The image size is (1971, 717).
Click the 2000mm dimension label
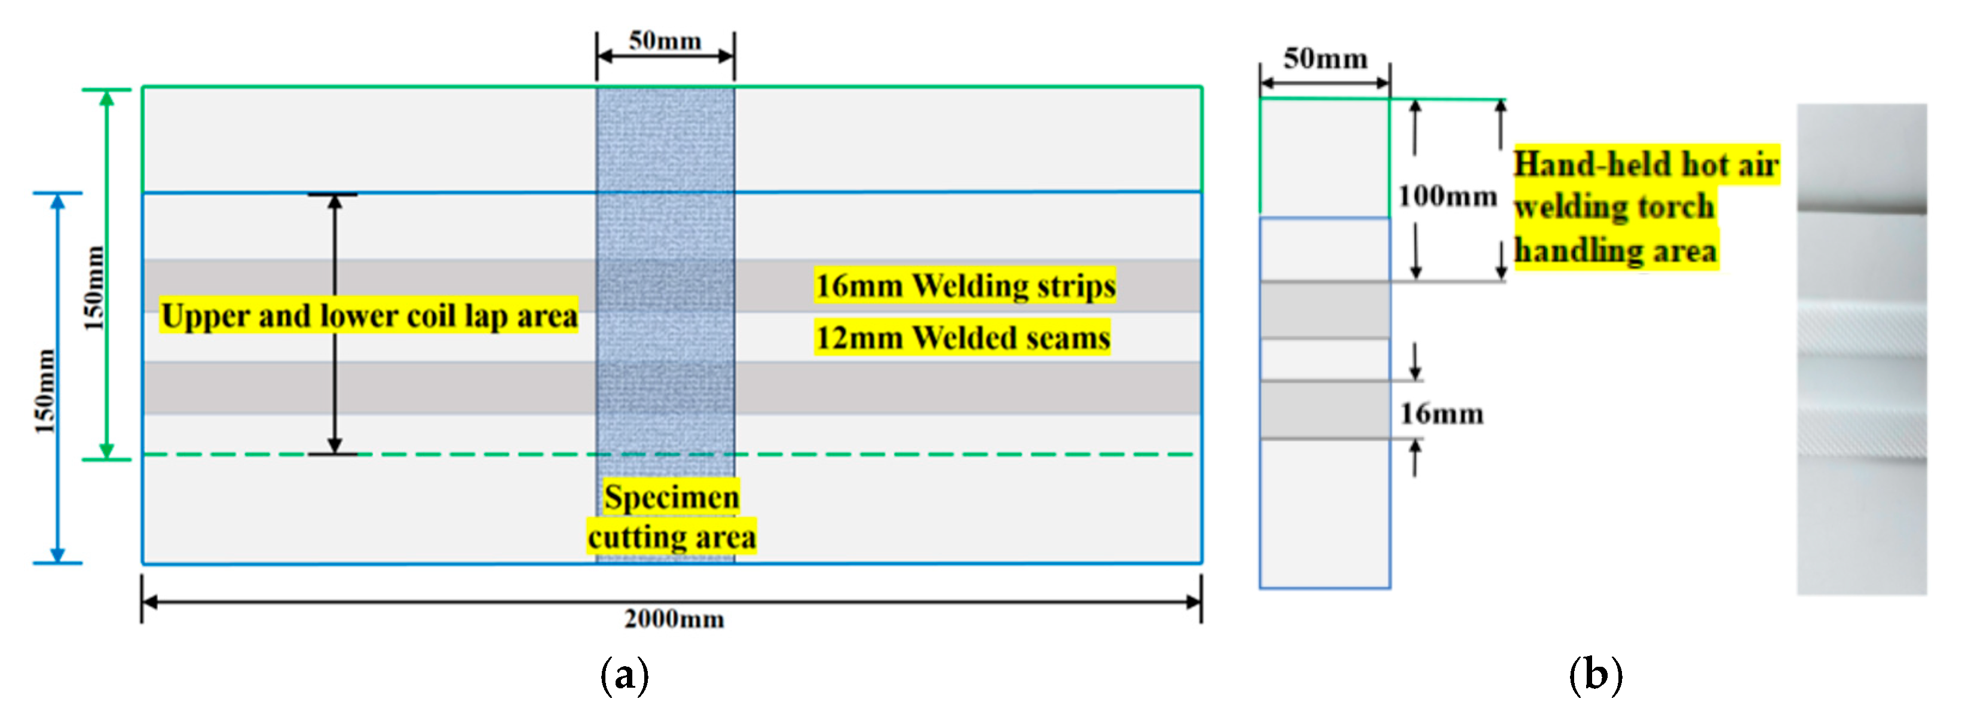(x=674, y=618)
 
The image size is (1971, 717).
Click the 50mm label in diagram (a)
(x=665, y=41)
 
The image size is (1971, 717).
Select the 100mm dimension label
(x=1447, y=197)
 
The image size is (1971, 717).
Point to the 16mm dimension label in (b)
(x=1441, y=414)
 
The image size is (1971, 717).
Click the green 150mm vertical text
(x=93, y=288)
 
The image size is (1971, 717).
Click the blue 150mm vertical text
(x=46, y=391)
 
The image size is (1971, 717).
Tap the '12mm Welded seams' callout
(x=962, y=337)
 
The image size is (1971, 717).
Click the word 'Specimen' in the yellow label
(x=671, y=498)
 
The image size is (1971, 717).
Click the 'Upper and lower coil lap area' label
(x=369, y=315)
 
